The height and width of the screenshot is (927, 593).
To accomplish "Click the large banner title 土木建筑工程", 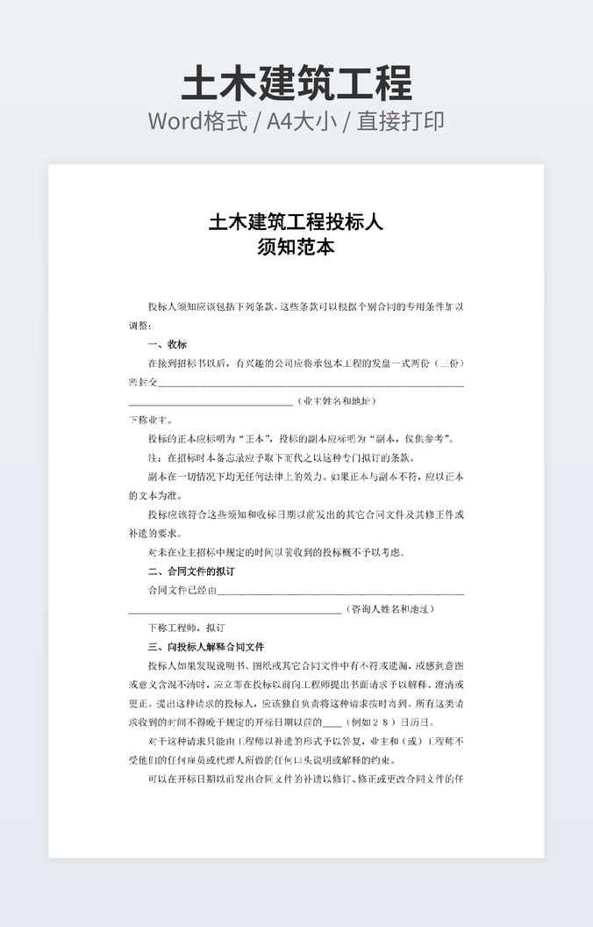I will click(x=296, y=84).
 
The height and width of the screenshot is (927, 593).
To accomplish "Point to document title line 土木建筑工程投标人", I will click(x=296, y=222).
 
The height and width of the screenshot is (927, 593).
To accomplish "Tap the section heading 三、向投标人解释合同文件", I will click(x=206, y=647).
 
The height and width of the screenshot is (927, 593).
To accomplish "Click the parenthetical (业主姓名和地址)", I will click(x=338, y=401).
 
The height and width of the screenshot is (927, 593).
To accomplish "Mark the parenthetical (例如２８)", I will click(x=368, y=722).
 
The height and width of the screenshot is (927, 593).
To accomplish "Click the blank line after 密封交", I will click(x=311, y=383).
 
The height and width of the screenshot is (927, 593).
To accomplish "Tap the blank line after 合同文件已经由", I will click(x=341, y=590).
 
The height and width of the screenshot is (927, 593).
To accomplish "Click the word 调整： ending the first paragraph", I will click(x=140, y=325).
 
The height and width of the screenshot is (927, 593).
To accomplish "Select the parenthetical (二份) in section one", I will click(x=450, y=363).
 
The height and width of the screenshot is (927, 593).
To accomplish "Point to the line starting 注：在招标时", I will click(x=281, y=458).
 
